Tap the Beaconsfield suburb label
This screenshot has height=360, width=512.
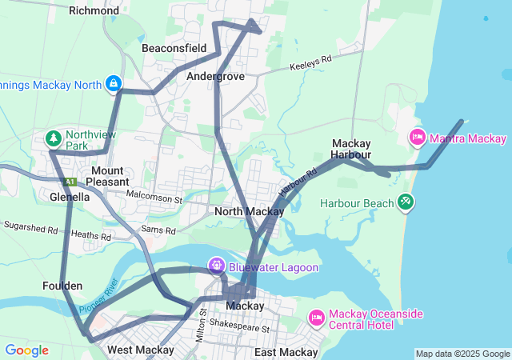coord(174,48)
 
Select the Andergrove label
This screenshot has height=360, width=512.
coord(215,76)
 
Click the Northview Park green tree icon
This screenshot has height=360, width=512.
coord(54,139)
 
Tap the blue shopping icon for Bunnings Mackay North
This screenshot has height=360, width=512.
coord(114,83)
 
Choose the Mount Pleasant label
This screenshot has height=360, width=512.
coord(106,177)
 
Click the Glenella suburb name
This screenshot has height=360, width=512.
coord(70,196)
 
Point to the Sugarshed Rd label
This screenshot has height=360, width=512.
coord(30,227)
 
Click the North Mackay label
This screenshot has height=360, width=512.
coord(249,212)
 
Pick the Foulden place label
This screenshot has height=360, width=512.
coord(62,286)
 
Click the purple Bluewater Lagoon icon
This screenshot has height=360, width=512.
coord(216,265)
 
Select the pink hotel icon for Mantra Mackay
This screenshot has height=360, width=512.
coord(417,138)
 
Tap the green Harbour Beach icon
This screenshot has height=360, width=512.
coord(406,202)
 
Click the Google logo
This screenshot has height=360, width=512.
coord(26,350)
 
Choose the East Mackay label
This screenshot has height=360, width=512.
coord(286,352)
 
